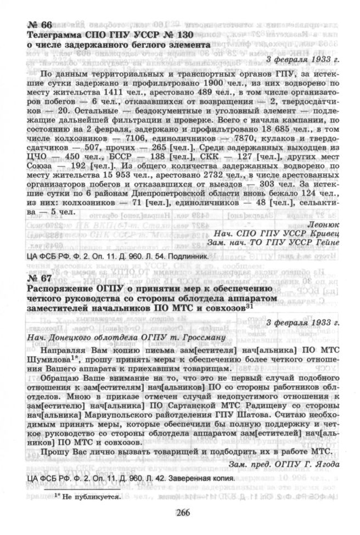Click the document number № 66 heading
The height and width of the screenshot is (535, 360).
pyautogui.click(x=39, y=25)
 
